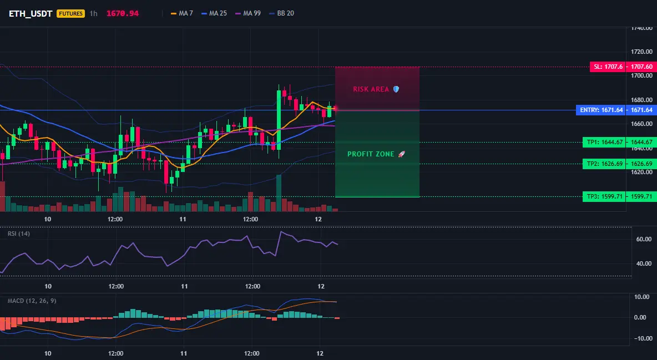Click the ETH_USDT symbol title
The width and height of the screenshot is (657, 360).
tap(31, 14)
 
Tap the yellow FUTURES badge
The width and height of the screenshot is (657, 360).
tap(70, 14)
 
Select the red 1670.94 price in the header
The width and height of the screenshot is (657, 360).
tap(122, 13)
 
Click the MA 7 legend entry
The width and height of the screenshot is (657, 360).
tap(182, 13)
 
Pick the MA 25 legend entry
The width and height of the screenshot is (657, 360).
tap(214, 13)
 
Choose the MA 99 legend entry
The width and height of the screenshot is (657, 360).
tap(248, 13)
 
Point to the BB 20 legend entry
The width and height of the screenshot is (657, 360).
tap(281, 13)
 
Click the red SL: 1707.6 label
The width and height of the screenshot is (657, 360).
tap(608, 67)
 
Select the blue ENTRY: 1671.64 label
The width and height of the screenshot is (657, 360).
tap(601, 110)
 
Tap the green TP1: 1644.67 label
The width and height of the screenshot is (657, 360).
tap(604, 143)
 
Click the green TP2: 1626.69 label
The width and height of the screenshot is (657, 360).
tap(604, 164)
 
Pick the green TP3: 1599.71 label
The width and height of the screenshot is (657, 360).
tap(604, 196)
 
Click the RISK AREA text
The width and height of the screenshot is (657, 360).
tap(371, 89)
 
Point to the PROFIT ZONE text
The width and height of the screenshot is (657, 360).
tap(371, 154)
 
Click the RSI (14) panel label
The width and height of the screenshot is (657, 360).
tap(19, 234)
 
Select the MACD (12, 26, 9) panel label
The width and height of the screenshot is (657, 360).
tap(32, 301)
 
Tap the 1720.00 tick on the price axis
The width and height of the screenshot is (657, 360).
tap(641, 52)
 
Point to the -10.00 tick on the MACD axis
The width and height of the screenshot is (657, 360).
tap(643, 338)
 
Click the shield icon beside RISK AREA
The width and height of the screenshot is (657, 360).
tap(396, 89)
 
